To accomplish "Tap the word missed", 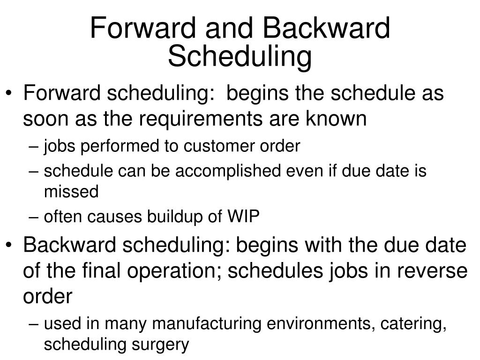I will (71, 192).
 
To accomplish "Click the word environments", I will (316, 323).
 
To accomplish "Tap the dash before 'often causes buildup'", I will (38, 217).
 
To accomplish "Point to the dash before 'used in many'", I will (38, 323).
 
